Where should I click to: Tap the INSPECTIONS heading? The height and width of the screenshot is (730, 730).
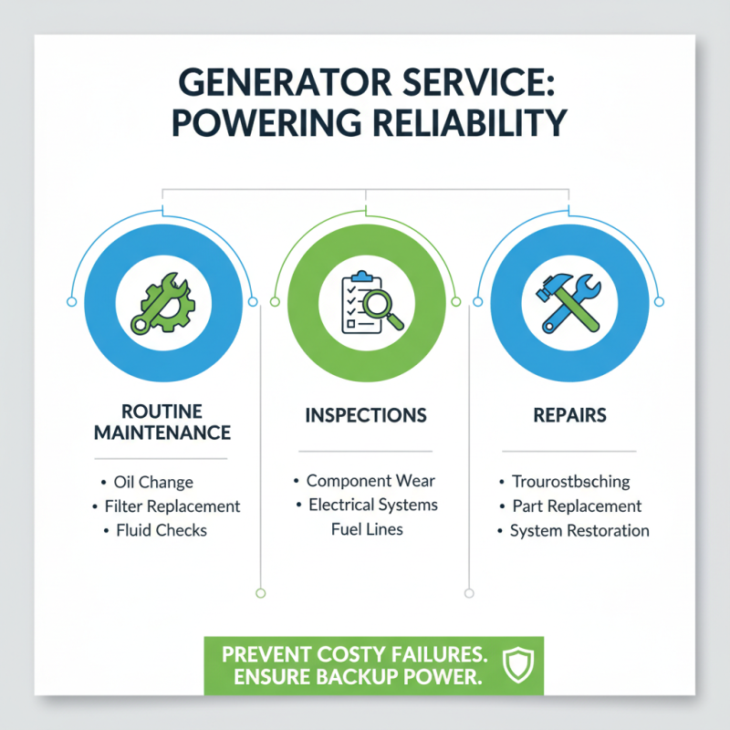pyautogui.click(x=365, y=415)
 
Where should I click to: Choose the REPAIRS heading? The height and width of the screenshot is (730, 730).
pyautogui.click(x=569, y=415)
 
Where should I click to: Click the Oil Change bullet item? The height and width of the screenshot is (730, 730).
pyautogui.click(x=154, y=482)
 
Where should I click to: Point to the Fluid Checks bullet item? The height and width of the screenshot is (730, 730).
pyautogui.click(x=162, y=529)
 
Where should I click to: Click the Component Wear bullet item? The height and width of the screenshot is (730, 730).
pyautogui.click(x=370, y=480)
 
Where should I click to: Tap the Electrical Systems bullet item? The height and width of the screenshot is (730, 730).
pyautogui.click(x=372, y=505)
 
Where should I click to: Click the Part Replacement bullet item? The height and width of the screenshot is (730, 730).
pyautogui.click(x=577, y=506)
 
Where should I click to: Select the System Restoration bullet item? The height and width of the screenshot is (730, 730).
pyautogui.click(x=579, y=530)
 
